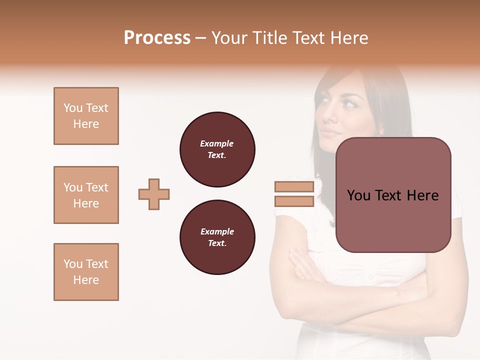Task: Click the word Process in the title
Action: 157,38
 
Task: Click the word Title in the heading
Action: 268,38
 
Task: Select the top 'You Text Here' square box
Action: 86,116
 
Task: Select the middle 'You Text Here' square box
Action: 86,195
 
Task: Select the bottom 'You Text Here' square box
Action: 86,272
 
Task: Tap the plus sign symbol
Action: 154,194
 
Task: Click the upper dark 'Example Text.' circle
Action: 217,149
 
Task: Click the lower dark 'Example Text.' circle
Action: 217,237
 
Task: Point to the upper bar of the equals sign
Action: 294,186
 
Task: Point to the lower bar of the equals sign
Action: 294,201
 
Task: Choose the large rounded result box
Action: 393,195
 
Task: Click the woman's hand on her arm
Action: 302,262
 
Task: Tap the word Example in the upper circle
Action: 217,143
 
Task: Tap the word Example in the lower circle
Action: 217,231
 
